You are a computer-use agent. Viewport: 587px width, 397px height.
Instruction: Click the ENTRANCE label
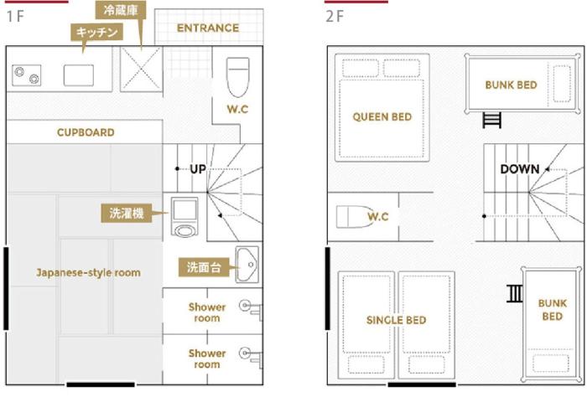(208, 28)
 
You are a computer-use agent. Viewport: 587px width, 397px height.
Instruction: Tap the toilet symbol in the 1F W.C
(237, 77)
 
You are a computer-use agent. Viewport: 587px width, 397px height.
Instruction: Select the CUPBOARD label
(86, 132)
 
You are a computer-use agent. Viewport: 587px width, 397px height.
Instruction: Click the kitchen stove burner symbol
(26, 75)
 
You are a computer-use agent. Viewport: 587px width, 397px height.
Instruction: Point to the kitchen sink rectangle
(79, 75)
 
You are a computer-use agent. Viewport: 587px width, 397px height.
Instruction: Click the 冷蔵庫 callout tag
(121, 10)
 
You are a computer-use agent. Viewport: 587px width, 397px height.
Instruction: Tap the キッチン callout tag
(97, 33)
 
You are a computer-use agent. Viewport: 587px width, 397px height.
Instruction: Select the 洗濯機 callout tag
(127, 213)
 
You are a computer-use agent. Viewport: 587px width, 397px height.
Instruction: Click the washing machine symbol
(184, 217)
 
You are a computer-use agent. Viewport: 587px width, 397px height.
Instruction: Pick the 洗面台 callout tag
(204, 267)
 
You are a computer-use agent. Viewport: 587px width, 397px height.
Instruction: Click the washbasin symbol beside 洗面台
(247, 265)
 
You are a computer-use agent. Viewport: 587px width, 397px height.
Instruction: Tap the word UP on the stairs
(198, 169)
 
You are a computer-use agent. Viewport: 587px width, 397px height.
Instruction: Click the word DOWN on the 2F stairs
(520, 169)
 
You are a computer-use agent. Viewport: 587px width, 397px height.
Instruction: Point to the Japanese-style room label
(89, 272)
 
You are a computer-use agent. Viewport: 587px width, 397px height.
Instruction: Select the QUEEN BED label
(382, 117)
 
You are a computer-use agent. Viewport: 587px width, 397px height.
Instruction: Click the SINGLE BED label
(396, 320)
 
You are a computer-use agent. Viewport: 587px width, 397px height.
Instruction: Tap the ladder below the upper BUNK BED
(491, 120)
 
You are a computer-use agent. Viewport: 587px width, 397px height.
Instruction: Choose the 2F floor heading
(335, 17)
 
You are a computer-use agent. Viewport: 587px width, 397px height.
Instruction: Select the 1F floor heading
(15, 17)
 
